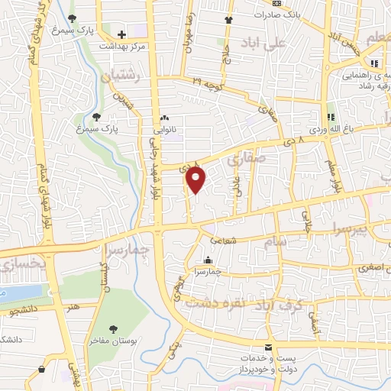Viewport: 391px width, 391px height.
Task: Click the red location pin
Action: click(196, 179)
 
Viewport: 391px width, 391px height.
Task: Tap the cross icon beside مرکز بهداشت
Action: click(122, 34)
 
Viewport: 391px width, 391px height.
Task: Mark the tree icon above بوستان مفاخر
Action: click(113, 328)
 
